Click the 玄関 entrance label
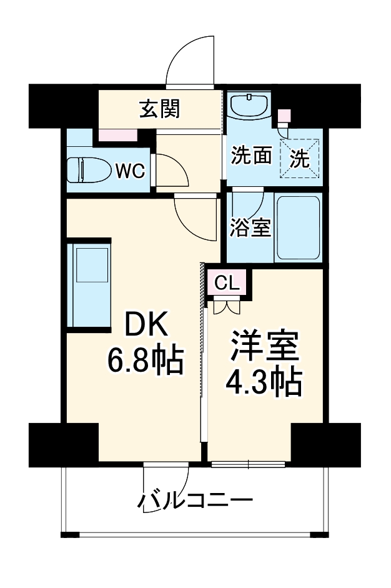[160, 109]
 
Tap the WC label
[131, 169]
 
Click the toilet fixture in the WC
[87, 169]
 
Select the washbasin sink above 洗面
[249, 106]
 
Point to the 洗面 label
[252, 155]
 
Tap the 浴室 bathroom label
[250, 228]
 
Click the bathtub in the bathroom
[299, 228]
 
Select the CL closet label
[227, 283]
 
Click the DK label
[146, 325]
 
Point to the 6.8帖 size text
[144, 360]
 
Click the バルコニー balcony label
[195, 500]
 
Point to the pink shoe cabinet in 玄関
[117, 134]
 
